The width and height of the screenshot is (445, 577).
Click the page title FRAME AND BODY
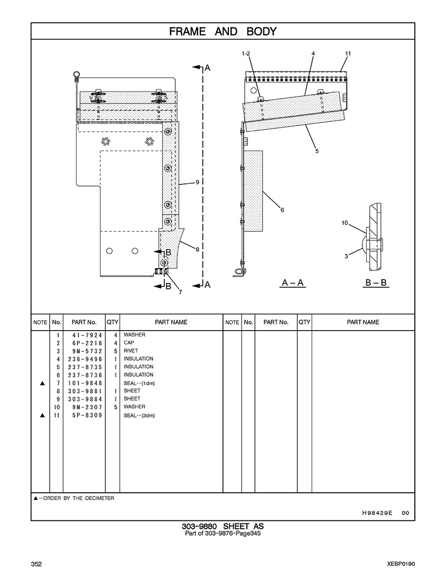coord(222,31)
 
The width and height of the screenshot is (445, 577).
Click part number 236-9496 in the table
coord(85,359)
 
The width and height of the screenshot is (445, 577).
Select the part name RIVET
coord(131,351)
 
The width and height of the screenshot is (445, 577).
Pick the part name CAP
coord(129,343)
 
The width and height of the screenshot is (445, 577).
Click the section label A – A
coord(292,282)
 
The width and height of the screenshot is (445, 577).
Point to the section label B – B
coord(376,282)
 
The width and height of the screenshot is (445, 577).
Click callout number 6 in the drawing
coord(282,210)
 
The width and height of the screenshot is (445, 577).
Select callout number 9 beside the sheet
coord(197,182)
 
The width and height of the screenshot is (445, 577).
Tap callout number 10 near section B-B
coord(344,223)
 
